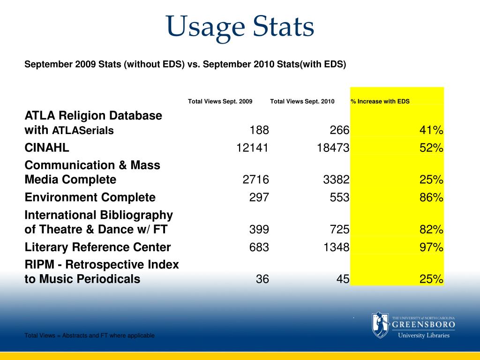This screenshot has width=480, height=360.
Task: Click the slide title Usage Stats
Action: coord(240,27)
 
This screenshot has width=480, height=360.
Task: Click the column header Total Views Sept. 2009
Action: coord(220,101)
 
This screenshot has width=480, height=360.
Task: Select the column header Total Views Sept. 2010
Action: coord(302,101)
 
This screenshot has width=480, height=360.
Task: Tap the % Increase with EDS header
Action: coord(380,101)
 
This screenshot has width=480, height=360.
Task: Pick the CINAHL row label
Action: coord(47,148)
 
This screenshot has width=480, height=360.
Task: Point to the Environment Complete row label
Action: coord(90,197)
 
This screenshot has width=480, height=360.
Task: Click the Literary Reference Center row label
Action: coord(97,247)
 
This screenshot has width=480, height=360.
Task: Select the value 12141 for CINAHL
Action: coord(252,148)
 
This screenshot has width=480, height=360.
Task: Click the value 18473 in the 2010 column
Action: coord(332,148)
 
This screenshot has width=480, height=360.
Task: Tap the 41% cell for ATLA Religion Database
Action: coord(431,130)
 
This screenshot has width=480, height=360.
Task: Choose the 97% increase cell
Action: coord(431,247)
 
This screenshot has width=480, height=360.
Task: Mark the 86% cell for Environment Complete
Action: coord(431,197)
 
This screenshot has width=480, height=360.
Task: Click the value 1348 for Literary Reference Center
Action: coord(336,247)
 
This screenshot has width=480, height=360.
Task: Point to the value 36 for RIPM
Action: coord(262,279)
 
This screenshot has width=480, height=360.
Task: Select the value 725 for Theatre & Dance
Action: coord(339,230)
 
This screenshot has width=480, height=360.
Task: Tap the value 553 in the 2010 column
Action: coord(339,197)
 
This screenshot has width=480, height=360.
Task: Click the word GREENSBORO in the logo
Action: coord(423,324)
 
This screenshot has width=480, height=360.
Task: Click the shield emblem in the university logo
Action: coord(380,324)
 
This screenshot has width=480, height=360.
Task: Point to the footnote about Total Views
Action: coord(90,336)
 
